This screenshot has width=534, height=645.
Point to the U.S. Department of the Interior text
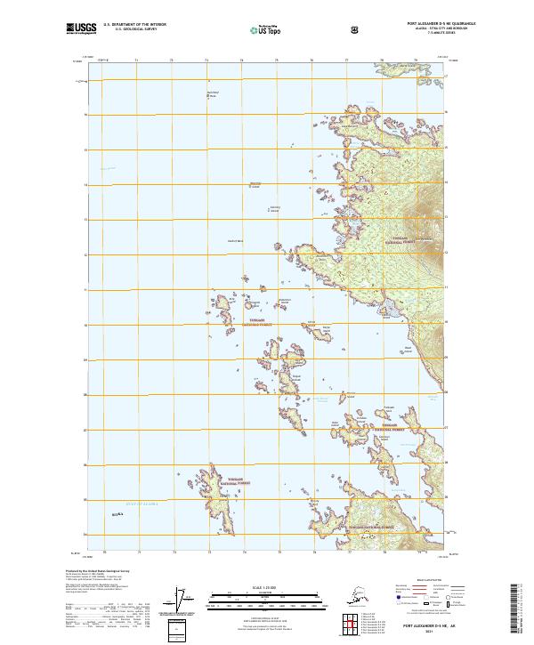[x=135, y=24]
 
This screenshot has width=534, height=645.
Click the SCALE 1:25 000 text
[x=263, y=587]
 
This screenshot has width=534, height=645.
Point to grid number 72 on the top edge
[x=170, y=60]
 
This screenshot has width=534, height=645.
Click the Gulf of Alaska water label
[x=141, y=504]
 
